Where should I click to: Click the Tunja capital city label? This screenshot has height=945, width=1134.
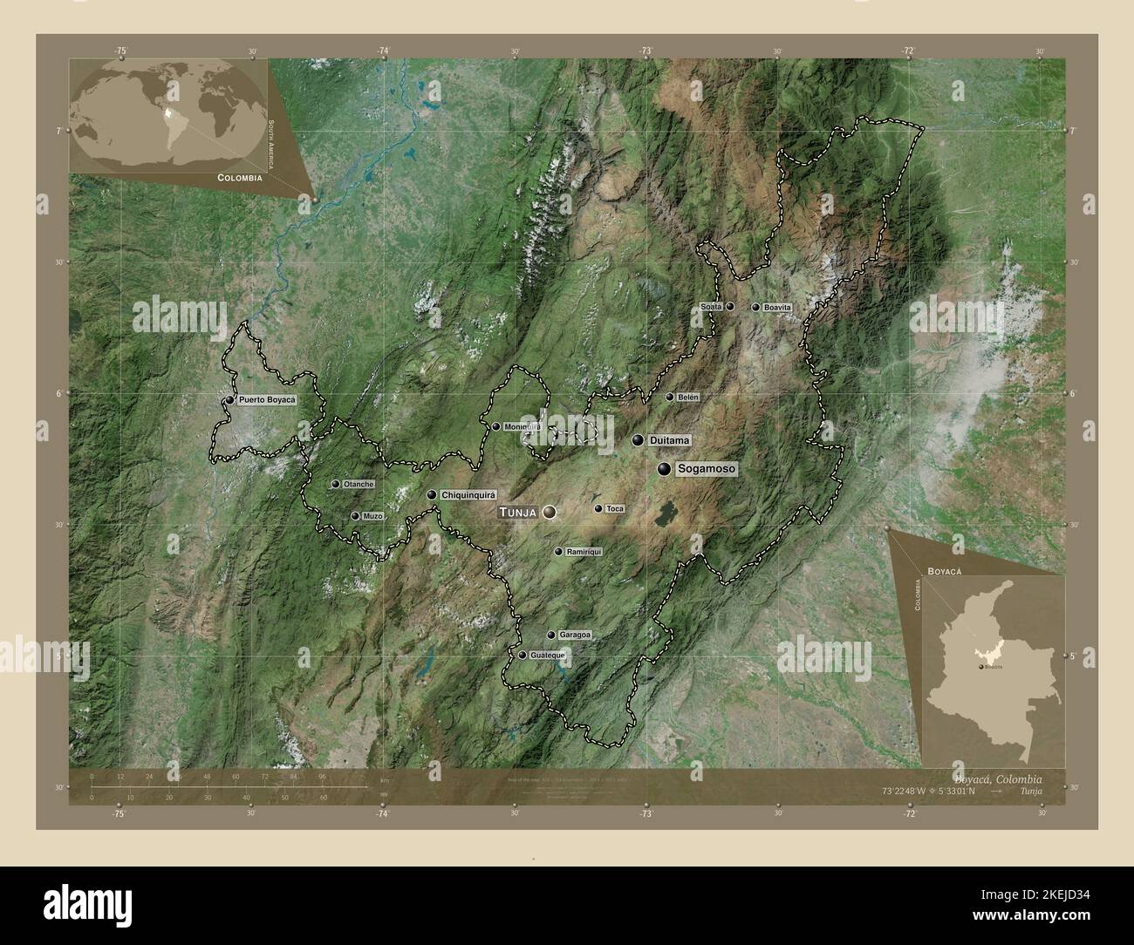click(518, 513)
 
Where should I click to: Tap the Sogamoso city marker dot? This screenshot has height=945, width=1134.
click(665, 469)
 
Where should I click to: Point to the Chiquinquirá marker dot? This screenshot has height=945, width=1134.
click(432, 495)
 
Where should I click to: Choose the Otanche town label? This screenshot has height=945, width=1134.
click(358, 484)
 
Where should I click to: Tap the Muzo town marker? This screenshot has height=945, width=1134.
click(355, 516)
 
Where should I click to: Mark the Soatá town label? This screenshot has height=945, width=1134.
click(712, 307)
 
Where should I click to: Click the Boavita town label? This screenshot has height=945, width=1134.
click(776, 308)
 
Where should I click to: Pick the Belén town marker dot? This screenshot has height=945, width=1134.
click(670, 398)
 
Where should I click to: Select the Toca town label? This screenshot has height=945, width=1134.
click(614, 508)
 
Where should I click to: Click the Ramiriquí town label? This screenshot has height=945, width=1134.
click(584, 552)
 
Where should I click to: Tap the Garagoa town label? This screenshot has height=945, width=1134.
click(574, 636)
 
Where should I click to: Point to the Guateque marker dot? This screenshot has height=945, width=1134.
click(523, 655)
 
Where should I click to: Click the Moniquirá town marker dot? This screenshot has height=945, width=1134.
click(496, 427)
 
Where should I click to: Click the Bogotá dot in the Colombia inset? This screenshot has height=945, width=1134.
click(982, 666)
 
